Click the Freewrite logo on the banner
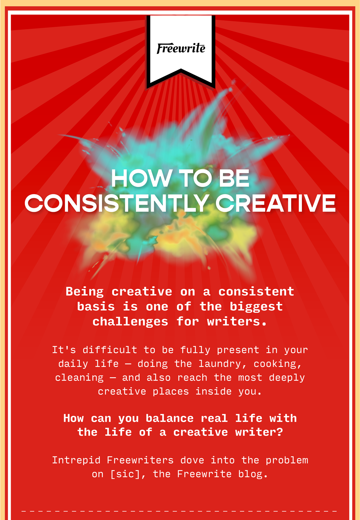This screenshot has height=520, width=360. pos(181,48)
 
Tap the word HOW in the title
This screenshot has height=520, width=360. pos(141,178)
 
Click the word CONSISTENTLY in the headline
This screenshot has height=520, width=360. pos(116,203)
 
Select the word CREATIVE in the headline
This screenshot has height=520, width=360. pos(276,203)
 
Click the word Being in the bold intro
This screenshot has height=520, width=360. pos(85,292)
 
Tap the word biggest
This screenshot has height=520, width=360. pos(256,307)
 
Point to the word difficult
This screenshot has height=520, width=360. pos(110,350)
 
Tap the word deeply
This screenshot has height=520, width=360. pos(287,378)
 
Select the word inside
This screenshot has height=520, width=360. pos(214,391)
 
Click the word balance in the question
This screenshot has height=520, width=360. pos(170,418)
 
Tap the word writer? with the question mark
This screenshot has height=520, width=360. pos(259,432)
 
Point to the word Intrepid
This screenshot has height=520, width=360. pos(76,460)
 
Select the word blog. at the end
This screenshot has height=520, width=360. pos(253,474)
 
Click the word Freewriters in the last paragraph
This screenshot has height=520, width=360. pos(140,460)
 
